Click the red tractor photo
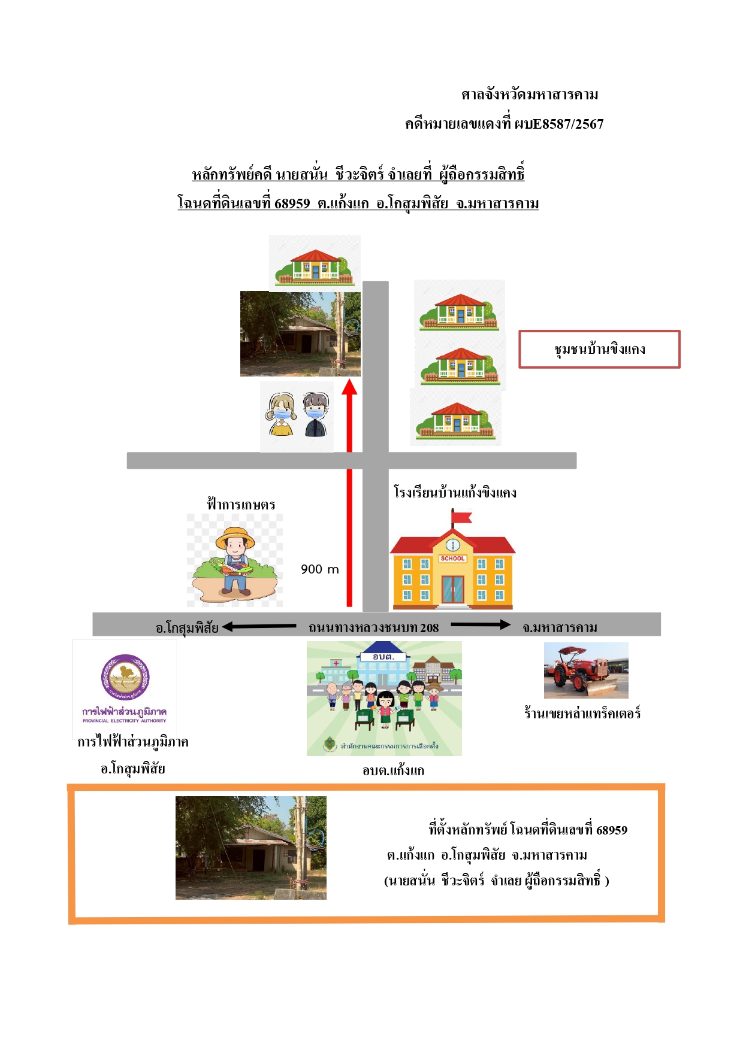click(x=586, y=670)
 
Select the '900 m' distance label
click(x=320, y=569)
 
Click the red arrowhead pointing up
click(x=349, y=387)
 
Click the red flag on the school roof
click(x=461, y=517)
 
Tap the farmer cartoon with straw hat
click(x=235, y=560)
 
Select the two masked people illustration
click(x=297, y=416)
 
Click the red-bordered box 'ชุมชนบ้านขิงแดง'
click(x=599, y=349)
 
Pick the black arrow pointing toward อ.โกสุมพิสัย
click(x=259, y=627)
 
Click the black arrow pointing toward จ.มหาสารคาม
click(x=481, y=625)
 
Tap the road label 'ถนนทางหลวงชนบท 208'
click(x=373, y=627)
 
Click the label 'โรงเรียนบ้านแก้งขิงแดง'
click(x=455, y=493)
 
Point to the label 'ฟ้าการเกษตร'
click(x=241, y=504)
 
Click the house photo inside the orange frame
click(x=251, y=848)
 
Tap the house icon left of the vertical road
click(x=315, y=263)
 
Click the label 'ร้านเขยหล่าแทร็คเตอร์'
click(x=582, y=713)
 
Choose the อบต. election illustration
click(x=384, y=699)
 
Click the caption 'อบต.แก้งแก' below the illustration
click(x=393, y=770)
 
